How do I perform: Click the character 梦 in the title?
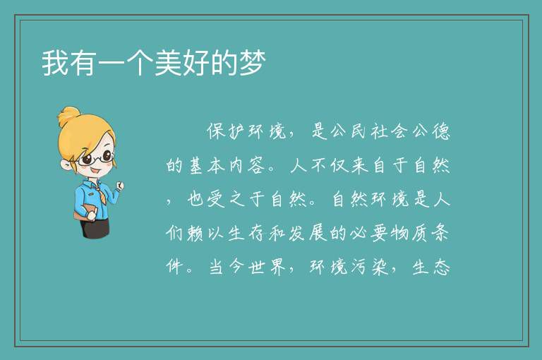tap(253, 63)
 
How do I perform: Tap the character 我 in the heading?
tap(54, 63)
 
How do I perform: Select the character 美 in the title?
tap(168, 63)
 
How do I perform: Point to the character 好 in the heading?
tap(196, 63)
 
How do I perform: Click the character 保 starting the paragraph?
tap(217, 131)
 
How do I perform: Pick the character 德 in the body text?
tap(441, 131)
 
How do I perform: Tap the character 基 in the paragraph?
tap(195, 165)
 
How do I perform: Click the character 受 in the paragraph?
tap(217, 199)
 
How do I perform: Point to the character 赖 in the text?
tap(195, 233)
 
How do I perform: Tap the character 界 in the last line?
tap(277, 267)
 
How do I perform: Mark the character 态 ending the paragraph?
tap(441, 267)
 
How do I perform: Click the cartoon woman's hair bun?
tap(69, 116)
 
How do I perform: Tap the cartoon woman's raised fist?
tap(120, 186)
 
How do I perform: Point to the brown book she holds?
tap(85, 212)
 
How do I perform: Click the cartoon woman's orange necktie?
tap(101, 196)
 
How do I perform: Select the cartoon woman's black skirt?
tap(94, 228)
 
